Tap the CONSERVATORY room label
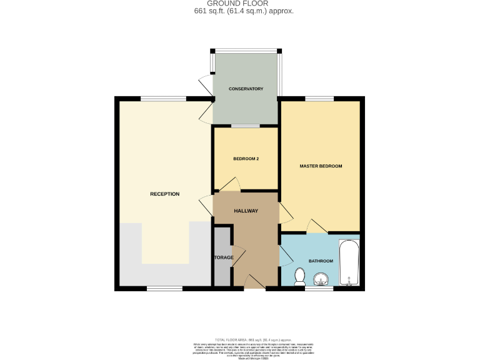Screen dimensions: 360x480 (x=246, y=89)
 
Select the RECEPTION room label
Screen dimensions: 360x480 (x=164, y=194)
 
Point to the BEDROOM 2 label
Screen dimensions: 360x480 (x=246, y=159)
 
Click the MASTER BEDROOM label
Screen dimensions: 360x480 (x=321, y=166)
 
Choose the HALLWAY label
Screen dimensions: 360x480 (x=246, y=211)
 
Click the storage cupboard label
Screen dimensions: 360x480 (x=223, y=257)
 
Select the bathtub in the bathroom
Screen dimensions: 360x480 (x=348, y=262)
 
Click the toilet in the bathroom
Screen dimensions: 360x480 (x=299, y=276)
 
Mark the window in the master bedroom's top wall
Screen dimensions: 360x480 (x=319, y=99)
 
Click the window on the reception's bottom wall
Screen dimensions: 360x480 (x=165, y=289)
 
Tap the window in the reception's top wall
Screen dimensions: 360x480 (x=162, y=99)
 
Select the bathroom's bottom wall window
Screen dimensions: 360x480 (x=319, y=289)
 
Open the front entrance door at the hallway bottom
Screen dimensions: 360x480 (x=254, y=282)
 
